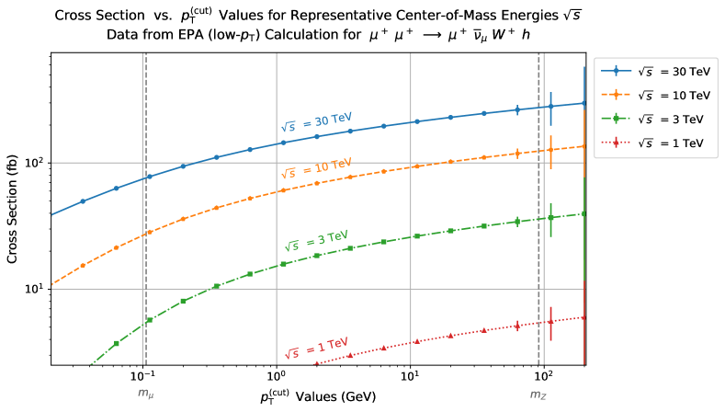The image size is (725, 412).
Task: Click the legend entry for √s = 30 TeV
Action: coord(657,71)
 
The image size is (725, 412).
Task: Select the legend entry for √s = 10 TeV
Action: coord(657,95)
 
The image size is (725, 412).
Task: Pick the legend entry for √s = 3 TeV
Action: coord(657,119)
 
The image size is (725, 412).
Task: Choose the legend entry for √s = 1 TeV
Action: coord(657,143)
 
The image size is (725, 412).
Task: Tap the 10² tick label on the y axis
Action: coord(34,163)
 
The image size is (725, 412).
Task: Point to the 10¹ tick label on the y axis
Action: coord(34,289)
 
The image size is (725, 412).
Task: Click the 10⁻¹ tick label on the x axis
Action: coord(142,378)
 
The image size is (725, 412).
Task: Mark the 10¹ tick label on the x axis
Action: coord(410,378)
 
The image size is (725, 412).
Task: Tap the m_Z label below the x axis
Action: coord(538,394)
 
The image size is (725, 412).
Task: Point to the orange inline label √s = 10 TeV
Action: coord(317,166)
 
